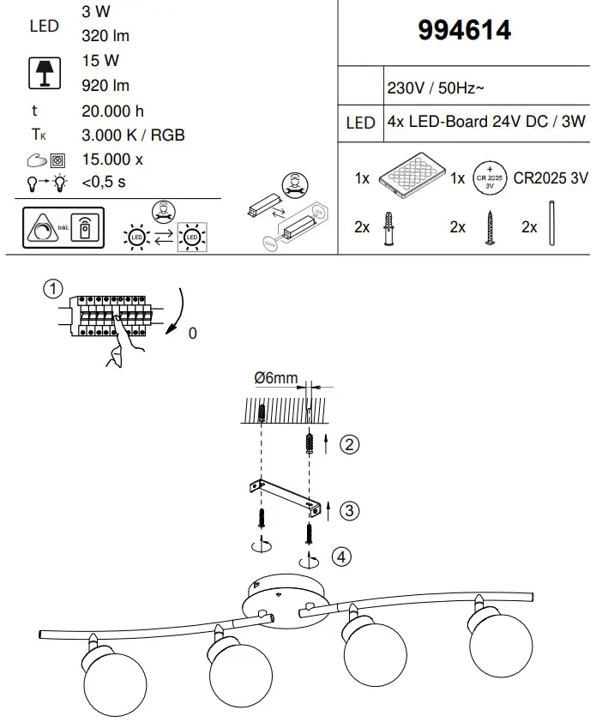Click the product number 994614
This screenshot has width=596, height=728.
coord(464,30)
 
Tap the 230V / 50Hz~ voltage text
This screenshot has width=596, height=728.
coord(437,89)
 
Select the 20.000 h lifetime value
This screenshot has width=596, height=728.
coord(112,111)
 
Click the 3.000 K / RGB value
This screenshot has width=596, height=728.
coord(133,135)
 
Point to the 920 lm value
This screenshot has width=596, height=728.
coord(105,85)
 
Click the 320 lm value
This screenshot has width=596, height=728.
coord(105,35)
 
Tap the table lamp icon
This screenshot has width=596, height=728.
coord(44,73)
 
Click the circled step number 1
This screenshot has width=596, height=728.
coord(54,288)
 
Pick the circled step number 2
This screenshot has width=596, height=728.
coord(348,444)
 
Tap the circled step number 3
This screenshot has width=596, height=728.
coord(348,511)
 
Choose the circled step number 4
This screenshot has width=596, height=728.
coord(342,557)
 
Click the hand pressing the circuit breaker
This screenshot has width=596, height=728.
coord(123,349)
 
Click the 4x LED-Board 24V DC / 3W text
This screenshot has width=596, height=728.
coord(486,122)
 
